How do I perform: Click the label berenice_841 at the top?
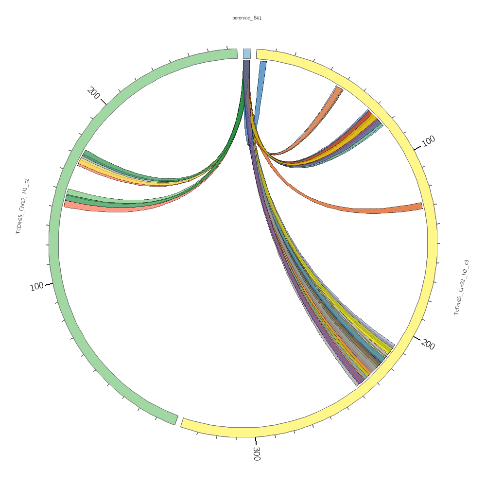point(247,18)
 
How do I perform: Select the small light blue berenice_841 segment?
point(247,53)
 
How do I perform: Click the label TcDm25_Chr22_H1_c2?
point(22,207)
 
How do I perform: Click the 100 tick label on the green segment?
point(37,287)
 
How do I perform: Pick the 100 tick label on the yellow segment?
point(428,141)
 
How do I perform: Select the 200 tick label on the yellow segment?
point(428,345)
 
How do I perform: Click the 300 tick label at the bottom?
point(256,453)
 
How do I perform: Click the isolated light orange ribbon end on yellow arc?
point(338,90)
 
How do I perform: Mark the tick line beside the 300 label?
point(256,441)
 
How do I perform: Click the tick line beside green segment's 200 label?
point(103,102)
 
